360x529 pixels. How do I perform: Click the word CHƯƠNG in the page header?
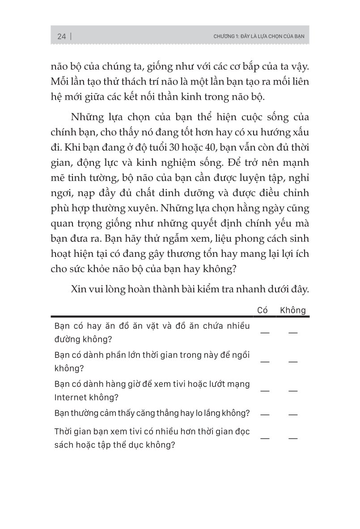click(224, 37)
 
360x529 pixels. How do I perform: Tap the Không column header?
click(293, 310)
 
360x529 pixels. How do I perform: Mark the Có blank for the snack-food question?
click(265, 332)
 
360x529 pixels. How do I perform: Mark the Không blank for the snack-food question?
click(293, 332)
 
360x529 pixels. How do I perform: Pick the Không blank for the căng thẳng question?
click(293, 415)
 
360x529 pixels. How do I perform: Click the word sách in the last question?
click(64, 445)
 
